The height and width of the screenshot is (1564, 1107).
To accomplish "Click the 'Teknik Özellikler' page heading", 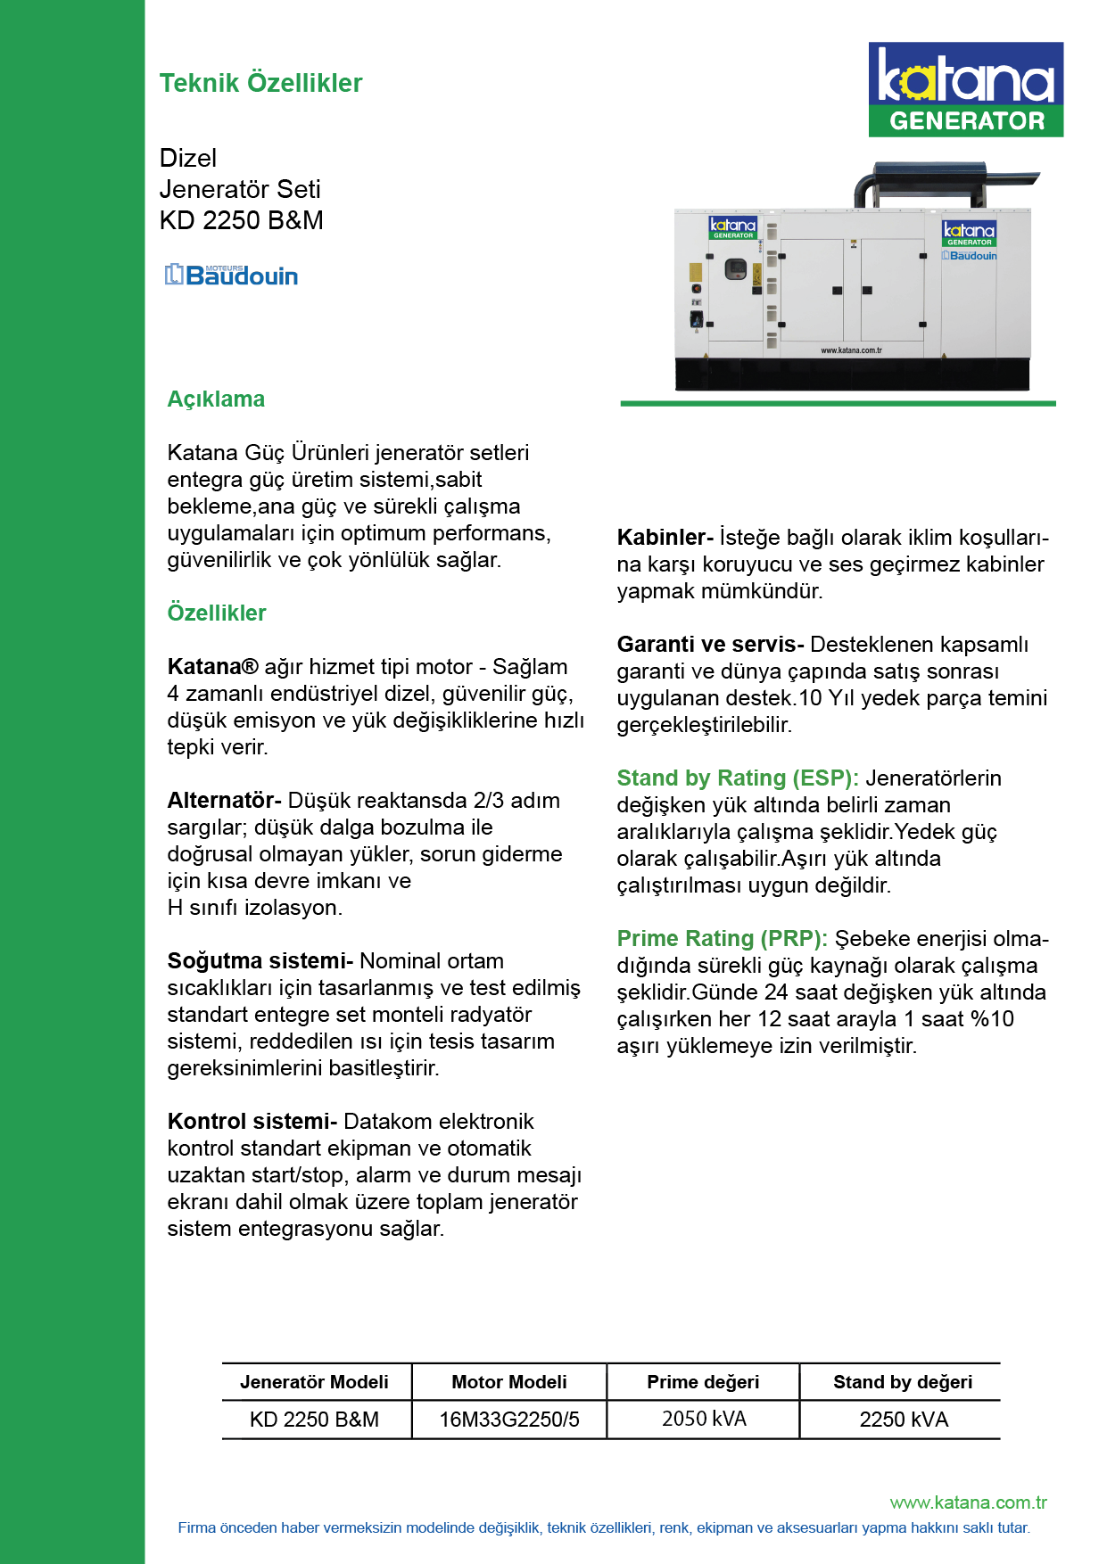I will click(x=260, y=83).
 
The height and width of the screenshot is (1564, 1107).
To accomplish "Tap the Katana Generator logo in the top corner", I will click(x=965, y=89).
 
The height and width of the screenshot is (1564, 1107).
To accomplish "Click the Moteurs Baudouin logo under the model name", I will click(x=231, y=275).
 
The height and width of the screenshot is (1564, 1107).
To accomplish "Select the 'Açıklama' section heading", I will click(x=216, y=399).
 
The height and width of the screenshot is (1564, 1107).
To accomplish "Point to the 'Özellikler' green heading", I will click(x=217, y=613).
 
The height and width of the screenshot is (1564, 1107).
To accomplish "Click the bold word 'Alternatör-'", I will click(x=224, y=800).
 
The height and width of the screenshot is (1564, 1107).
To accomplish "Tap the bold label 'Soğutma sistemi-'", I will click(x=260, y=960).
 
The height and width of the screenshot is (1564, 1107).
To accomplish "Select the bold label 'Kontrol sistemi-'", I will click(x=252, y=1121).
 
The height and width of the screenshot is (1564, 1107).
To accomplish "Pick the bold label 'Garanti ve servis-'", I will click(x=710, y=644).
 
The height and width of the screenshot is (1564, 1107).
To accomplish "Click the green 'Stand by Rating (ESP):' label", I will click(x=738, y=778).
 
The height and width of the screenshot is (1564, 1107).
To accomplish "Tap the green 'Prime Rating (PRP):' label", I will click(x=722, y=938).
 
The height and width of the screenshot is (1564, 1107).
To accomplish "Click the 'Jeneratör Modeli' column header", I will click(x=314, y=1382).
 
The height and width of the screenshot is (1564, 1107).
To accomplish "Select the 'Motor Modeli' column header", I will click(x=509, y=1382).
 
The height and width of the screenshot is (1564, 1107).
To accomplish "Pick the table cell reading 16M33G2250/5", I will click(x=509, y=1420).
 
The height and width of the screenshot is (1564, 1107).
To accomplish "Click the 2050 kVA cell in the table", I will click(x=704, y=1419).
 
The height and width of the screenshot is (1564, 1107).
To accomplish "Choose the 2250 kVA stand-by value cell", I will click(x=904, y=1420).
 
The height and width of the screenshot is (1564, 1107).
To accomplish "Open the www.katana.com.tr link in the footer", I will click(x=968, y=1502).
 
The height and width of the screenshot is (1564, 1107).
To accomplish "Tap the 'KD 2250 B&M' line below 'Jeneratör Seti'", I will click(x=241, y=220).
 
